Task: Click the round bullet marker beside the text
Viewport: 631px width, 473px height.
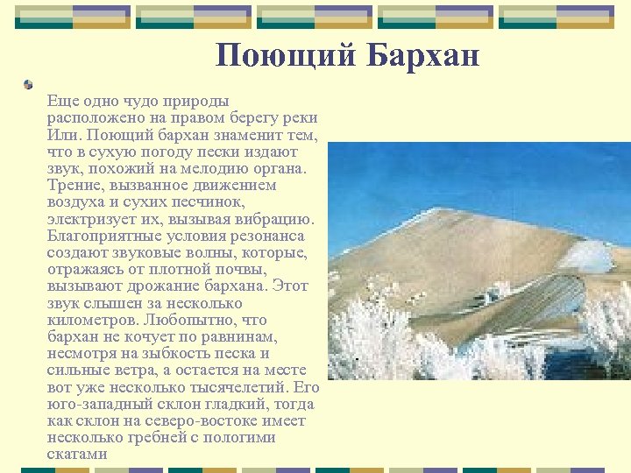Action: [29, 84]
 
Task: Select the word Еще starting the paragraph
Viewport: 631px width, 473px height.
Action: [61, 102]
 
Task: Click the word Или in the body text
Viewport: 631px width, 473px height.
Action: [63, 136]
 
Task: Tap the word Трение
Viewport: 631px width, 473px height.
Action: [76, 186]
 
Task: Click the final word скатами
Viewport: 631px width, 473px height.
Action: [77, 455]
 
